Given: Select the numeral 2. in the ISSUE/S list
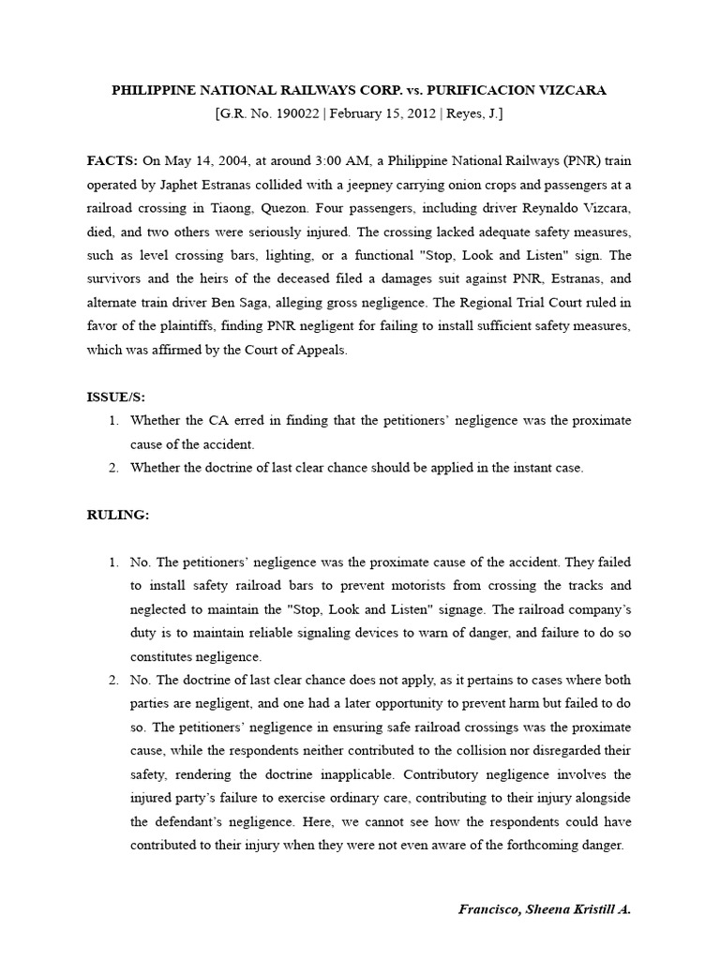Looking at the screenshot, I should click(x=114, y=468).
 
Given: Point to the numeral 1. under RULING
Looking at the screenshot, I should click(x=114, y=562).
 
